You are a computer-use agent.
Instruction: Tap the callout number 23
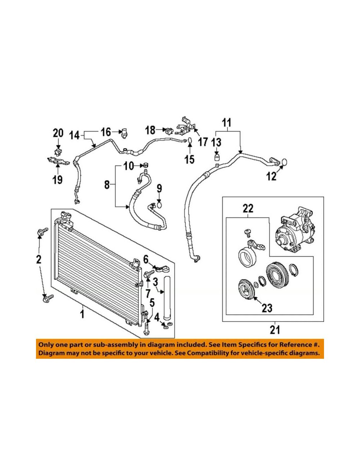pyautogui.click(x=267, y=308)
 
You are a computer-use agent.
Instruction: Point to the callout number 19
pyautogui.click(x=58, y=180)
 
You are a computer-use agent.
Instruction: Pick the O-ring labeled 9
pyautogui.click(x=159, y=205)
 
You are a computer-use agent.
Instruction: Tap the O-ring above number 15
pyautogui.click(x=189, y=141)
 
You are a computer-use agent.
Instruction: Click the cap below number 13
pyautogui.click(x=217, y=157)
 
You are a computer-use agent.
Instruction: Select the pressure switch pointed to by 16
pyautogui.click(x=124, y=133)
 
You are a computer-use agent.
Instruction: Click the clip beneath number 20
pyautogui.click(x=58, y=152)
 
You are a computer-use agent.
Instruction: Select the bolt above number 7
pyautogui.click(x=149, y=273)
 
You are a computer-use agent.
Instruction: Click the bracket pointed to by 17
pyautogui.click(x=185, y=126)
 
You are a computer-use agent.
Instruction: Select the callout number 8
pyautogui.click(x=107, y=185)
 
